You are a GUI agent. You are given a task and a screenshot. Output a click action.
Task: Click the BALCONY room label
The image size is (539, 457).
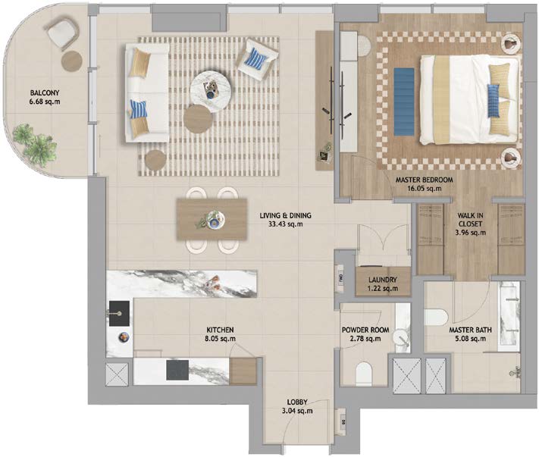(45, 92)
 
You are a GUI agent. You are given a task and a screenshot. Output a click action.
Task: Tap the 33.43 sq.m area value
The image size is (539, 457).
(285, 224)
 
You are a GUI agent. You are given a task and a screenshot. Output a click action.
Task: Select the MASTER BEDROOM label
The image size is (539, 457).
(424, 180)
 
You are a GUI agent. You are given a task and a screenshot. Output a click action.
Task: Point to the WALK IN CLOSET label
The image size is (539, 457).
(470, 220)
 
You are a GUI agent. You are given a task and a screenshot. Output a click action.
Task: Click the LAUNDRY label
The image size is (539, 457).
(382, 280)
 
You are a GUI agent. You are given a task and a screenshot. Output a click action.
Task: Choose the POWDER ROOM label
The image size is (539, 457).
(365, 330)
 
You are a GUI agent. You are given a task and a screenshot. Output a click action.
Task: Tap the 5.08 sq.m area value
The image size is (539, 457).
(470, 339)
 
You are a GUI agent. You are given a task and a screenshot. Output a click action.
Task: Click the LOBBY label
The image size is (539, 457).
(297, 402)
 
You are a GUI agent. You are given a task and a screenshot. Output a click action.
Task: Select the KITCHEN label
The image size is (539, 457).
(220, 330)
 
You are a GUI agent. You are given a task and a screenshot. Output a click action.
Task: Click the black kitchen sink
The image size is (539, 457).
(119, 313)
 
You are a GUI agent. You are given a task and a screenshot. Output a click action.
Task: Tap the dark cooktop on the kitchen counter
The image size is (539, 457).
(177, 370)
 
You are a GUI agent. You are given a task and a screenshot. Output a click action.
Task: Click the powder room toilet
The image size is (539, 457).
(364, 374)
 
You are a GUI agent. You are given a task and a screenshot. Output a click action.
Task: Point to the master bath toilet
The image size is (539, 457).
(436, 317)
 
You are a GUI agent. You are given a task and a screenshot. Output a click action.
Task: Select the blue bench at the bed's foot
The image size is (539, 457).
(404, 102)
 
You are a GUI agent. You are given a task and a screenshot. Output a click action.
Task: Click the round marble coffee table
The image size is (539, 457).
(210, 91)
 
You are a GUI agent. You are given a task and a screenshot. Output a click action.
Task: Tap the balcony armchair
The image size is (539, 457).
(63, 33)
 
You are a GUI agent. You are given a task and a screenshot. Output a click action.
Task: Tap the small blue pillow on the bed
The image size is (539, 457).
(494, 101)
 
